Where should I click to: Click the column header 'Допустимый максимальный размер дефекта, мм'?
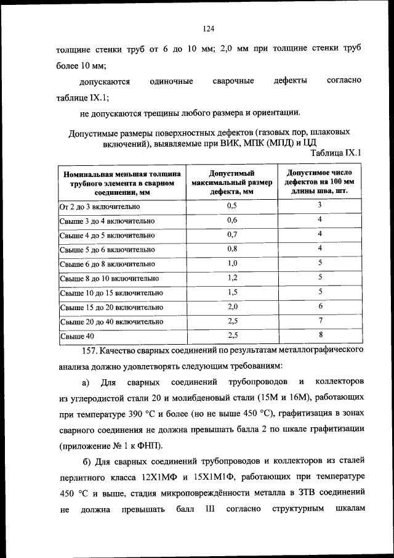(231, 183)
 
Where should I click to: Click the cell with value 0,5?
(232, 205)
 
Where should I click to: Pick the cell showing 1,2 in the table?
(232, 277)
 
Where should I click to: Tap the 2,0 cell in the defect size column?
(232, 306)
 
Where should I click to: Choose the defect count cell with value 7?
(320, 321)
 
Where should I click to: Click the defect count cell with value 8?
(320, 335)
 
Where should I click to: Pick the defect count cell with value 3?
(320, 205)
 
